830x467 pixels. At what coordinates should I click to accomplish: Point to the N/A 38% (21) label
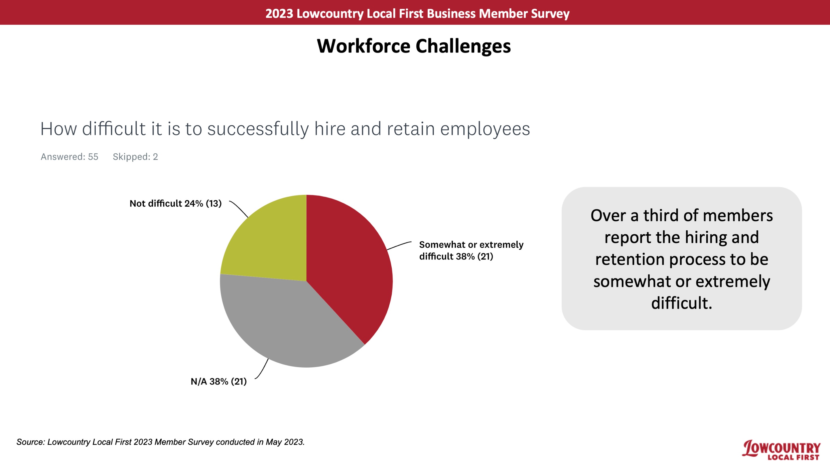[219, 382]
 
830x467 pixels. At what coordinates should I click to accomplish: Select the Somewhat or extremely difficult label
[471, 251]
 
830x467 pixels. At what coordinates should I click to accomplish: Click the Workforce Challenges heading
[414, 46]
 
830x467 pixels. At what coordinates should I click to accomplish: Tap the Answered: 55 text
[69, 157]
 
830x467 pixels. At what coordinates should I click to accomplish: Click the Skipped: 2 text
[135, 157]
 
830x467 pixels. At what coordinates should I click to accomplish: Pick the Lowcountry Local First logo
[781, 450]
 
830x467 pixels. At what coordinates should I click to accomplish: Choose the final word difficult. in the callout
[682, 303]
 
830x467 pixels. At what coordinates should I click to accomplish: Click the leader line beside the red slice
[399, 245]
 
